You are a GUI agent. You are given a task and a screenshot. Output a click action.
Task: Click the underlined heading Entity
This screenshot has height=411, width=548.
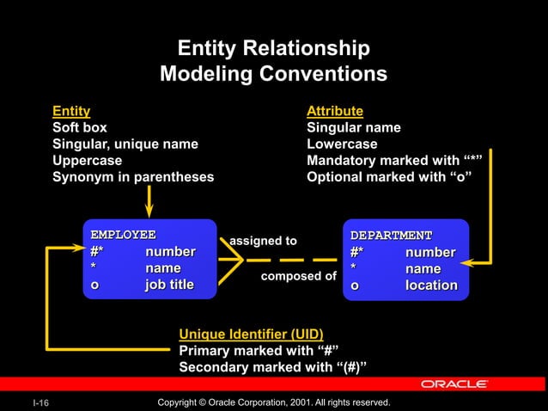(71, 111)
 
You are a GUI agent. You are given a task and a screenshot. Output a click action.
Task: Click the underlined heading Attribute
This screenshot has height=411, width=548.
(335, 111)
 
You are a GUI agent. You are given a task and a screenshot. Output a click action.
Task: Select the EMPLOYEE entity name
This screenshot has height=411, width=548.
(124, 234)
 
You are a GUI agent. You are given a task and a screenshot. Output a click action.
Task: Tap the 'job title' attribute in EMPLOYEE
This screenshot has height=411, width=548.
(169, 285)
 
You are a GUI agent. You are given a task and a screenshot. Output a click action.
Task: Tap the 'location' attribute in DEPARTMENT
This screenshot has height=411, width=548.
(431, 285)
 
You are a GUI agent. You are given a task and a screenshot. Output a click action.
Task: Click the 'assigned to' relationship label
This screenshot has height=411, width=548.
(264, 241)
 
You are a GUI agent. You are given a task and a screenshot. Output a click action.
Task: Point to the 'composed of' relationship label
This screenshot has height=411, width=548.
(298, 276)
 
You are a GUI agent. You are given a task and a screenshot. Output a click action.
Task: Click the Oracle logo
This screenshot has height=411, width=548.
(455, 383)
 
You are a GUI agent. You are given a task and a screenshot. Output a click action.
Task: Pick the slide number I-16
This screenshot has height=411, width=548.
(40, 402)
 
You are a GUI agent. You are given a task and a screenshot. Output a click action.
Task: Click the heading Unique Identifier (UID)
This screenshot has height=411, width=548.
(251, 334)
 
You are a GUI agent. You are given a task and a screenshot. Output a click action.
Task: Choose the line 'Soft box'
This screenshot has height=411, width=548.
(80, 127)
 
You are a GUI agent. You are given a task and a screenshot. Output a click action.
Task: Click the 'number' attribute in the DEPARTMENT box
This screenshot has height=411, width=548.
(430, 252)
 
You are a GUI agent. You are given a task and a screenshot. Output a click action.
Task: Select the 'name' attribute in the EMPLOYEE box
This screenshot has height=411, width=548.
(163, 268)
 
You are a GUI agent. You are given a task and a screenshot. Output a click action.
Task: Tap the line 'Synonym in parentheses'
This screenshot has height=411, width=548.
(133, 176)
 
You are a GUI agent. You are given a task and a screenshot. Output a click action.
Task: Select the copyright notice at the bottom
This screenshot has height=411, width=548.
(275, 402)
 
